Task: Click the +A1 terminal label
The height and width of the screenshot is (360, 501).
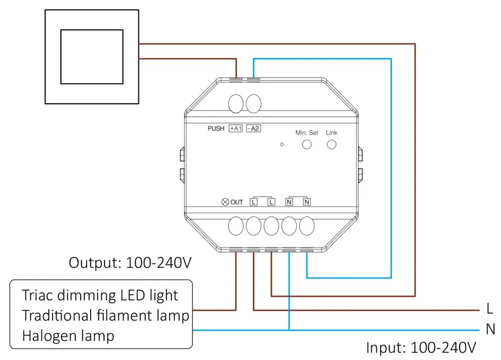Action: (x=235, y=128)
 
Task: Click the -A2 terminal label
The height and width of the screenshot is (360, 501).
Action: (x=254, y=128)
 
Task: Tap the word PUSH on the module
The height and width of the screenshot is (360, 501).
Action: (x=216, y=128)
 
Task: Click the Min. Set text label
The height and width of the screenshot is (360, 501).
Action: (x=307, y=133)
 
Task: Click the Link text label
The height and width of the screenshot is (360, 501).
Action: (x=332, y=133)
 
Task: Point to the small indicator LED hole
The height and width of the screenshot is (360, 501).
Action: (x=282, y=144)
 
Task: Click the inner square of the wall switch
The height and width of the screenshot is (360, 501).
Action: (x=92, y=57)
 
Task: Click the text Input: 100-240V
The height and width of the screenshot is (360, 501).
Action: (x=421, y=347)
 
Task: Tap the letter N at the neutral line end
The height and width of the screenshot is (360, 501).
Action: (x=491, y=330)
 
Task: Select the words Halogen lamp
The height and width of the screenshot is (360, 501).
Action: (x=68, y=335)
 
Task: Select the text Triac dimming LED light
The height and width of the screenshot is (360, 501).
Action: (x=100, y=295)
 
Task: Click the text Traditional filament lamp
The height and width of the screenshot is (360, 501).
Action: (x=105, y=315)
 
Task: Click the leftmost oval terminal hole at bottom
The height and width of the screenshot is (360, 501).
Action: (x=236, y=226)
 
